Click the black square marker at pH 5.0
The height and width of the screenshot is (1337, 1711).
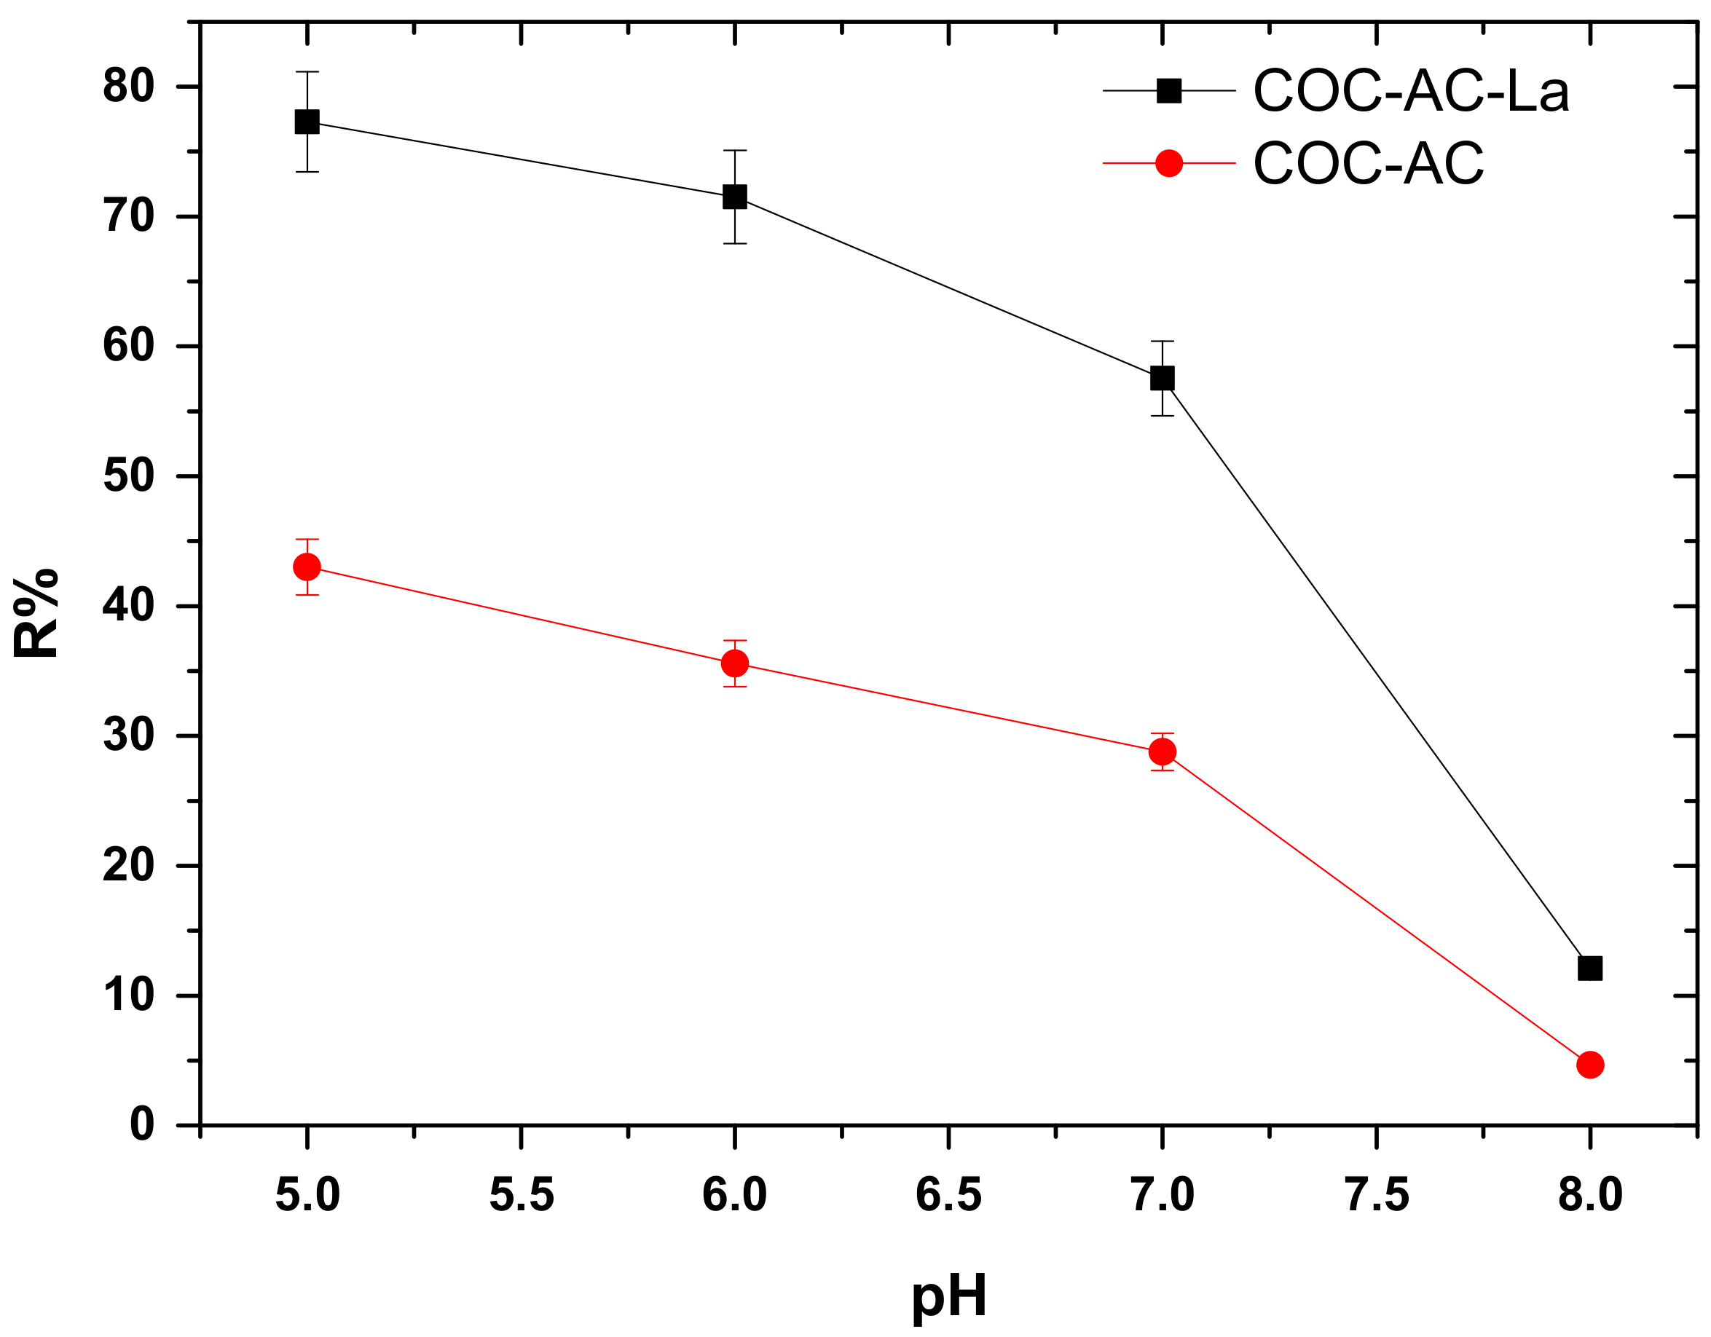coord(307,122)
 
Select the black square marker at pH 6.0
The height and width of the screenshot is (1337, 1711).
coord(735,196)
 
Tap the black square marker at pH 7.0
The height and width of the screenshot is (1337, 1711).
coord(1163,379)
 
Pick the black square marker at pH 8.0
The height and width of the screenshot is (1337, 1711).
coord(1589,969)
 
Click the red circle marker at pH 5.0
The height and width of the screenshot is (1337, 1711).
coord(307,567)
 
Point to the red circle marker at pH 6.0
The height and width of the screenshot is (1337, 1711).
coord(735,663)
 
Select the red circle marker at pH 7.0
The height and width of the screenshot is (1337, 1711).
coord(1163,752)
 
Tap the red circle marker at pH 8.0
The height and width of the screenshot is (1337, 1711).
coord(1589,1065)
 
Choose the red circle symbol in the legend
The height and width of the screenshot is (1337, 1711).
coord(1169,163)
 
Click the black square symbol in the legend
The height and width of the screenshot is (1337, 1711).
coord(1169,91)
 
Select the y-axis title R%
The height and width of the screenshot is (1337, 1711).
coord(35,613)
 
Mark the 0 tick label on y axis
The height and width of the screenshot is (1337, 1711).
coord(142,1125)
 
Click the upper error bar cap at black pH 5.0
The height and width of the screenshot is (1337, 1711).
coord(307,72)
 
